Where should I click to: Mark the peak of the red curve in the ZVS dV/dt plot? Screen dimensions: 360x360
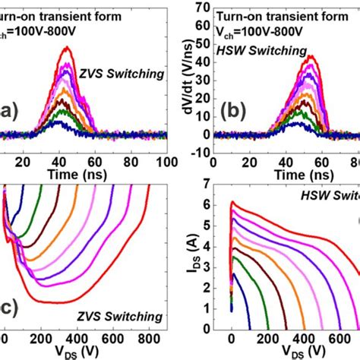pyautogui.click(x=69, y=48)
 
